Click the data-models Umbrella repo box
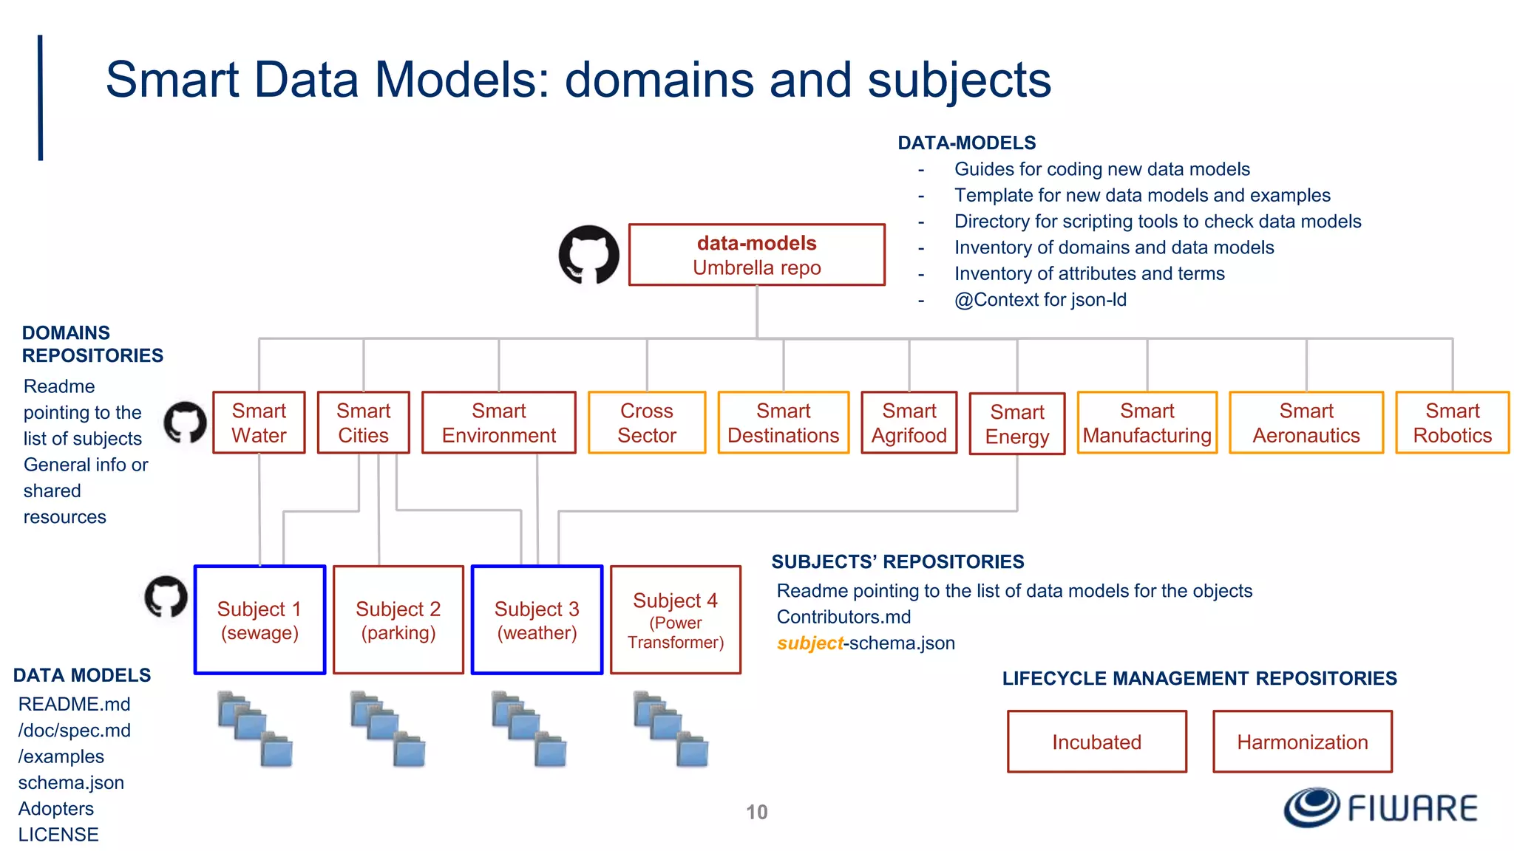756,255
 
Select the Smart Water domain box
259,423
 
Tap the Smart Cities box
363,423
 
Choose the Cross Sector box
647,423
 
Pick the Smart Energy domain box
1016,424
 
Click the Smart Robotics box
1452,423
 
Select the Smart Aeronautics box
1306,423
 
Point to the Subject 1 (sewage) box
259,620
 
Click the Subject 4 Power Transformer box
676,620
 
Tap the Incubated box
1096,742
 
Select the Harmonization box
1302,742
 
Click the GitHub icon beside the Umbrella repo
588,255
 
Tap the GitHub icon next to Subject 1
166,597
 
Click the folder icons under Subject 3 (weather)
529,728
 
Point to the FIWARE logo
1380,807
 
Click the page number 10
756,812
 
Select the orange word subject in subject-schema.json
809,643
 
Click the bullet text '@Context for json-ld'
1040,300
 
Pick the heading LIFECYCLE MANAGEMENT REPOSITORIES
1199,678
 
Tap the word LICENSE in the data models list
58,835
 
